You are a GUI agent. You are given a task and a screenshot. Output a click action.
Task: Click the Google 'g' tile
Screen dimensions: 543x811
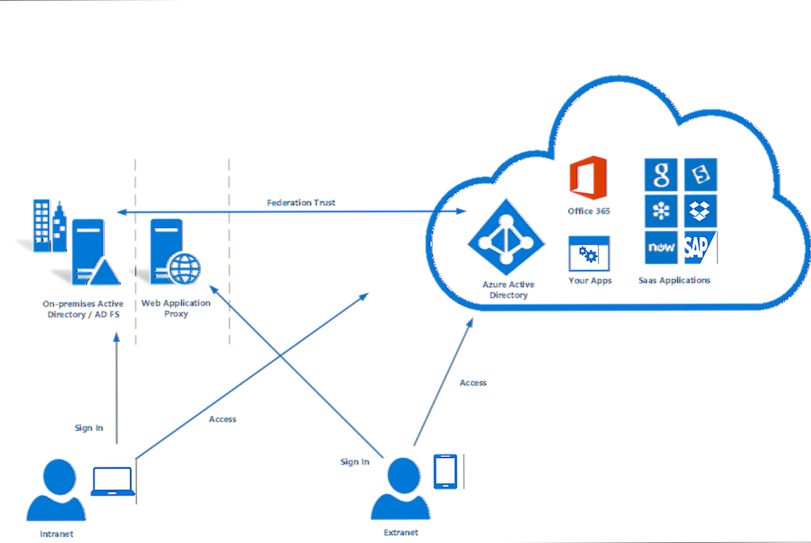pyautogui.click(x=660, y=174)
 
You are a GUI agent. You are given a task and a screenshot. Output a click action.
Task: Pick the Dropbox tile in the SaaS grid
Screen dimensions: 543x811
pyautogui.click(x=699, y=211)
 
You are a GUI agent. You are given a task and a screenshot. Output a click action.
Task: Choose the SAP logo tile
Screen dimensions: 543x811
pyautogui.click(x=699, y=248)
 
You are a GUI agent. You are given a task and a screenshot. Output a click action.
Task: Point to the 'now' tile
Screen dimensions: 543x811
pyautogui.click(x=660, y=248)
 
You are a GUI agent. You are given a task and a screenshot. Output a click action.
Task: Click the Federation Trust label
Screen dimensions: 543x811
pyautogui.click(x=300, y=203)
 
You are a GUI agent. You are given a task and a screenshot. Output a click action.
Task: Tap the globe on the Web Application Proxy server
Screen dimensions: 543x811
pyautogui.click(x=183, y=268)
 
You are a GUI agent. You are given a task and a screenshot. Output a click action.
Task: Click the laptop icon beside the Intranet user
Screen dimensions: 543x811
pyautogui.click(x=112, y=481)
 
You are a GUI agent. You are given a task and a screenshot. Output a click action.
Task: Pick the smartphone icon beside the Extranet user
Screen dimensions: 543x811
pyautogui.click(x=445, y=471)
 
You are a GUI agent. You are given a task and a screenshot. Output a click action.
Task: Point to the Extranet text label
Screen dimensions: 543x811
pyautogui.click(x=400, y=532)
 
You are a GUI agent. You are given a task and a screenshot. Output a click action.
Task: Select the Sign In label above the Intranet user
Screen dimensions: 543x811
pyautogui.click(x=87, y=428)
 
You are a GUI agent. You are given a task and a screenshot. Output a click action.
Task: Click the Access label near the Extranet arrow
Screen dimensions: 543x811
pyautogui.click(x=472, y=383)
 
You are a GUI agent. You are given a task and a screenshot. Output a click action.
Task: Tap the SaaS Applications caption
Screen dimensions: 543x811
pyautogui.click(x=673, y=280)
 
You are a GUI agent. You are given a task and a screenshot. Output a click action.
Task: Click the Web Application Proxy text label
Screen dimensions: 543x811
pyautogui.click(x=175, y=309)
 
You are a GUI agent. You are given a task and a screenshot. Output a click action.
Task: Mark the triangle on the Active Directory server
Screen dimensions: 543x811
pyautogui.click(x=103, y=274)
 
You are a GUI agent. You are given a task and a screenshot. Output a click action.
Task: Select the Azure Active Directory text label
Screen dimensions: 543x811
pyautogui.click(x=507, y=290)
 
